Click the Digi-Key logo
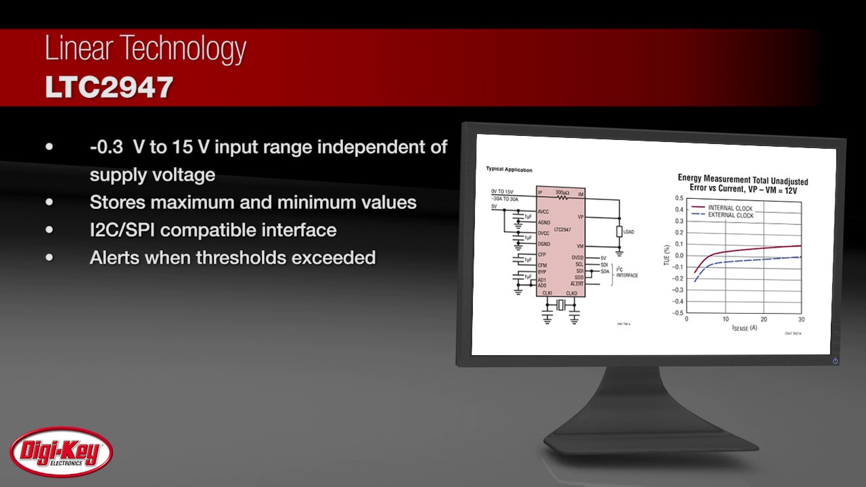click(61, 452)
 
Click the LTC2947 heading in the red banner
click(109, 87)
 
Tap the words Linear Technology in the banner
click(145, 50)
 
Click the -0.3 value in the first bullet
click(106, 147)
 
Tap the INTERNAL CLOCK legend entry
click(730, 208)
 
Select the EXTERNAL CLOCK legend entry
click(730, 215)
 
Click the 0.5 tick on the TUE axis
click(679, 198)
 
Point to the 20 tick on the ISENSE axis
click(764, 319)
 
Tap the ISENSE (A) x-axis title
click(744, 328)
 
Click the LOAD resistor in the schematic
click(620, 232)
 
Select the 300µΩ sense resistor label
click(562, 192)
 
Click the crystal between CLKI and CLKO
click(560, 306)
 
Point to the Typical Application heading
click(509, 170)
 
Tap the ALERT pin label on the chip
click(576, 284)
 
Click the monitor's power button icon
click(835, 361)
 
